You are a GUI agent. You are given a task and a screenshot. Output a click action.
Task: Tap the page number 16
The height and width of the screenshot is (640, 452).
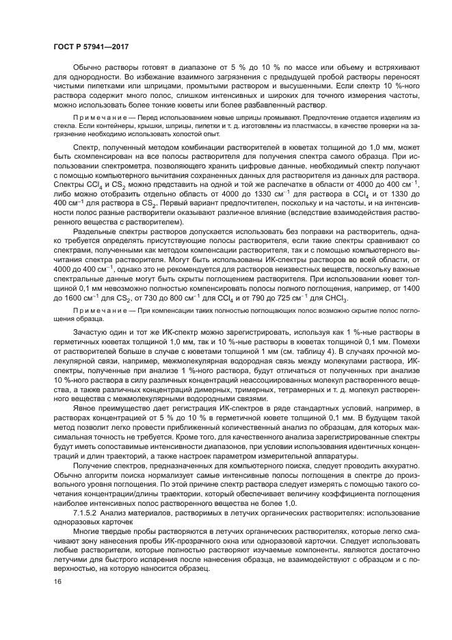(x=57, y=582)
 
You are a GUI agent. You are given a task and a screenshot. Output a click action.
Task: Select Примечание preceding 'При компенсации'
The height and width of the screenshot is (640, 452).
(x=96, y=311)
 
